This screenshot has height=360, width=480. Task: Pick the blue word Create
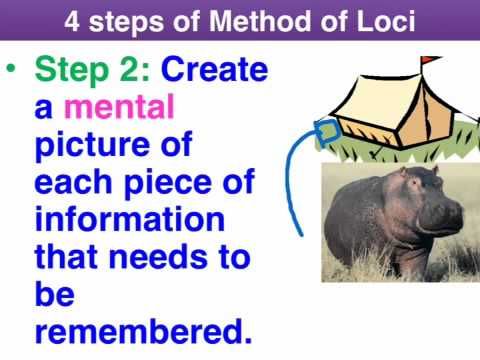pyautogui.click(x=215, y=71)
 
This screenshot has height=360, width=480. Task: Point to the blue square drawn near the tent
pyautogui.click(x=325, y=131)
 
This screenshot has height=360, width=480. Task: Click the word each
pyautogui.click(x=75, y=183)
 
